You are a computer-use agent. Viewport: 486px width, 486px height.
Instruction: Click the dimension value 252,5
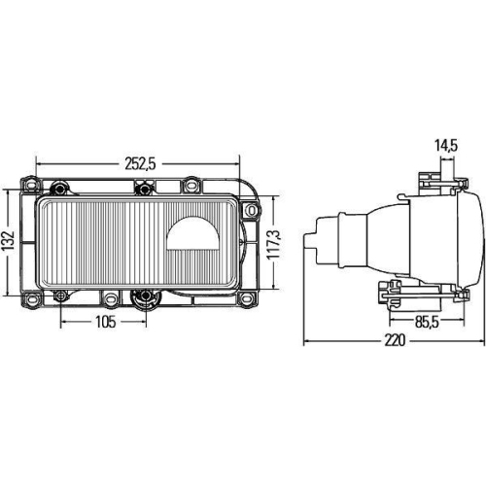tap(140, 163)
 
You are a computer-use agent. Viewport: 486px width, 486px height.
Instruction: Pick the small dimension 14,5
tap(447, 147)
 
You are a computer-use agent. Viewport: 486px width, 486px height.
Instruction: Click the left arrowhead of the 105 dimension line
tap(63, 322)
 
